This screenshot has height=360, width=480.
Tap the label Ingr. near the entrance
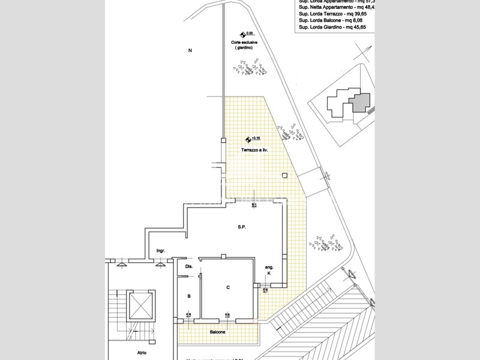point(161,250)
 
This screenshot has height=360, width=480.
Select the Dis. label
point(188,266)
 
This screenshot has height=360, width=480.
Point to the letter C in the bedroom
point(228,288)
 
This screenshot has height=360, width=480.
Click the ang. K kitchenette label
point(269,270)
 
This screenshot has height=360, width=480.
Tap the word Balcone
point(217,332)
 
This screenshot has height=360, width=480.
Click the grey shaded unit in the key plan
point(361,101)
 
